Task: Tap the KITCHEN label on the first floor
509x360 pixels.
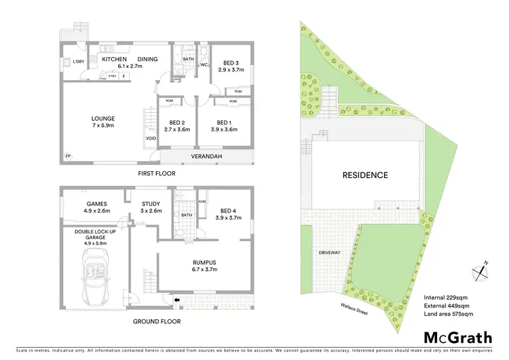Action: pos(115,59)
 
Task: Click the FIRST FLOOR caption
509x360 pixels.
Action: pos(156,174)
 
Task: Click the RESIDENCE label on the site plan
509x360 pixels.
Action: pos(364,175)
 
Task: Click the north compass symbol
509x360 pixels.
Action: pos(481,270)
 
